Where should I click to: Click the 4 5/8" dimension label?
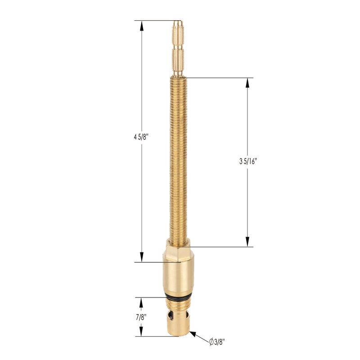point(141,138)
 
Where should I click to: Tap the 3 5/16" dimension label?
point(247,162)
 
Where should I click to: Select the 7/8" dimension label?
point(141,318)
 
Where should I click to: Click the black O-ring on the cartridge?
point(178,297)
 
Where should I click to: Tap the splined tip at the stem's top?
point(178,49)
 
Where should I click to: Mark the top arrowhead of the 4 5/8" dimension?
point(142,26)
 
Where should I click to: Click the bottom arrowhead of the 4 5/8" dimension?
point(142,257)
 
